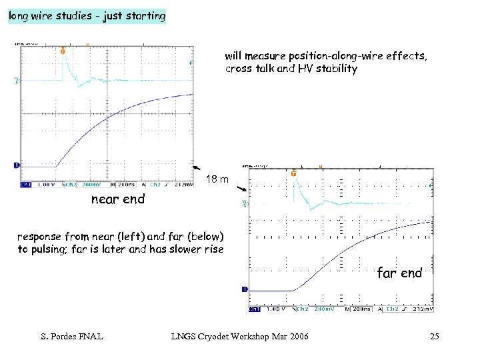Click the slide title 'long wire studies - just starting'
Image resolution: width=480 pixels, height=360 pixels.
pyautogui.click(x=86, y=16)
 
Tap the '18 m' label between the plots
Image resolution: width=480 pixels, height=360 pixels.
pyautogui.click(x=217, y=179)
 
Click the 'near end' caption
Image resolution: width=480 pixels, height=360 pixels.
pyautogui.click(x=117, y=199)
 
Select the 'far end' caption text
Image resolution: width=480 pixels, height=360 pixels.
pyautogui.click(x=399, y=272)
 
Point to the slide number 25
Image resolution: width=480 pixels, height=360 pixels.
pyautogui.click(x=435, y=337)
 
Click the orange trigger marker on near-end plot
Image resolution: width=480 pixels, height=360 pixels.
pyautogui.click(x=63, y=51)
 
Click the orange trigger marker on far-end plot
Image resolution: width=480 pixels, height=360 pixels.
pyautogui.click(x=293, y=174)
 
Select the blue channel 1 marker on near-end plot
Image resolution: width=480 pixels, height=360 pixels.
pyautogui.click(x=17, y=165)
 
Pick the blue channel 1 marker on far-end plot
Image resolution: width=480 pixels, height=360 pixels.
pyautogui.click(x=245, y=289)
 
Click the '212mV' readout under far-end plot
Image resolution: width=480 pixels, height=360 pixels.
pyautogui.click(x=423, y=309)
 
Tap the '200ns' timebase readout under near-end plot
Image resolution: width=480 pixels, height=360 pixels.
pyautogui.click(x=126, y=185)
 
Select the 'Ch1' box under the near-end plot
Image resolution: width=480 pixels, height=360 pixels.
pyautogui.click(x=26, y=185)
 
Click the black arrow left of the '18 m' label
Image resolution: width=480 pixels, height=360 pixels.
pyautogui.click(x=197, y=169)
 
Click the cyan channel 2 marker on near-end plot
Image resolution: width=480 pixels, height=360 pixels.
pyautogui.click(x=17, y=81)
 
